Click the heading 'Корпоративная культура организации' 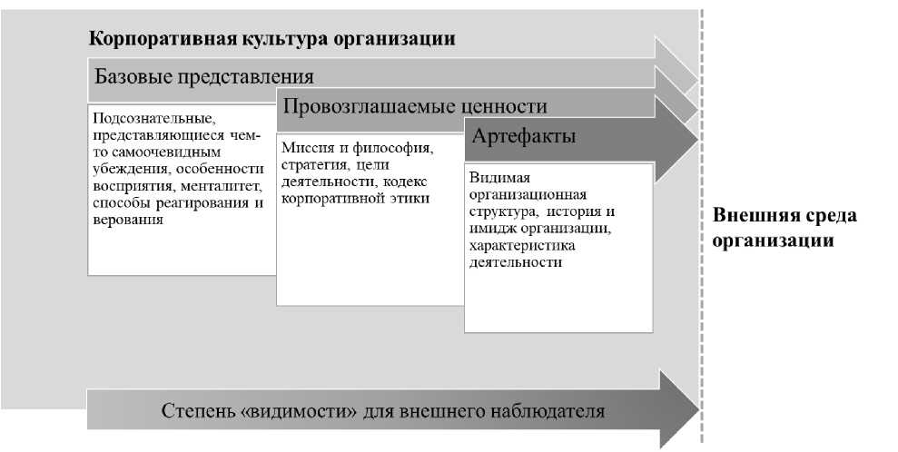tap(271, 40)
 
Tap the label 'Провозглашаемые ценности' tap(415, 106)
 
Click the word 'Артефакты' tap(523, 137)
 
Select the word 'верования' tap(128, 219)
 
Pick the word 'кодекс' tap(405, 182)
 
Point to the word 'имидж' tap(489, 229)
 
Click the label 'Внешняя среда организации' tap(785, 229)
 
